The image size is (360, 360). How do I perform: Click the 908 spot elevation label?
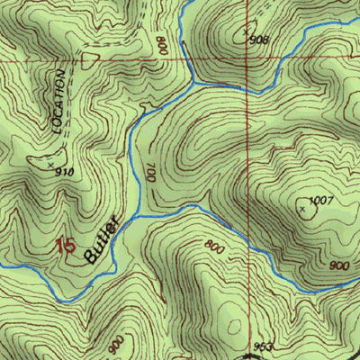(260, 40)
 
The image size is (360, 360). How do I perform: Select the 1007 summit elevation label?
(321, 200)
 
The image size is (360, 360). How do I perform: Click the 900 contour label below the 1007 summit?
(339, 266)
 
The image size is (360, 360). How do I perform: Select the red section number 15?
(64, 245)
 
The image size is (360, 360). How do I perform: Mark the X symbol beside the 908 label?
(247, 33)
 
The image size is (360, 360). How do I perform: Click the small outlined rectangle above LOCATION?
(88, 59)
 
